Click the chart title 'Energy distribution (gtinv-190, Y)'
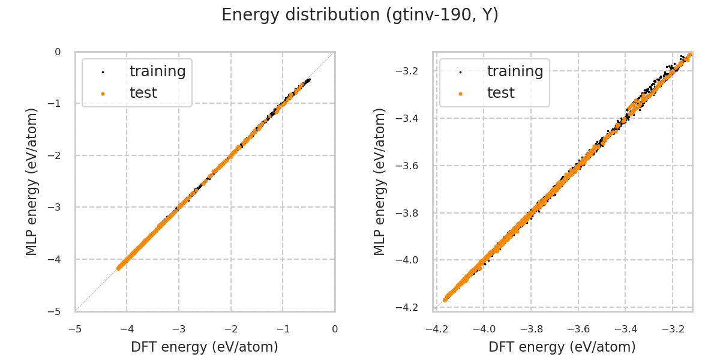coord(360,15)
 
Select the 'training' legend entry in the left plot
coord(157,71)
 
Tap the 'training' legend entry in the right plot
coord(515,71)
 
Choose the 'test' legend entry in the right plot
coord(500,93)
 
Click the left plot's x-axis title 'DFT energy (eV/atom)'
coord(205,347)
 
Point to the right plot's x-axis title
coord(562,347)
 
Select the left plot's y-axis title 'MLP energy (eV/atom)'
coord(32,181)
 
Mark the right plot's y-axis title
coord(380,181)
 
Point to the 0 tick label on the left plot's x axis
coord(335,329)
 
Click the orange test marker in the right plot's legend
coord(460,94)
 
